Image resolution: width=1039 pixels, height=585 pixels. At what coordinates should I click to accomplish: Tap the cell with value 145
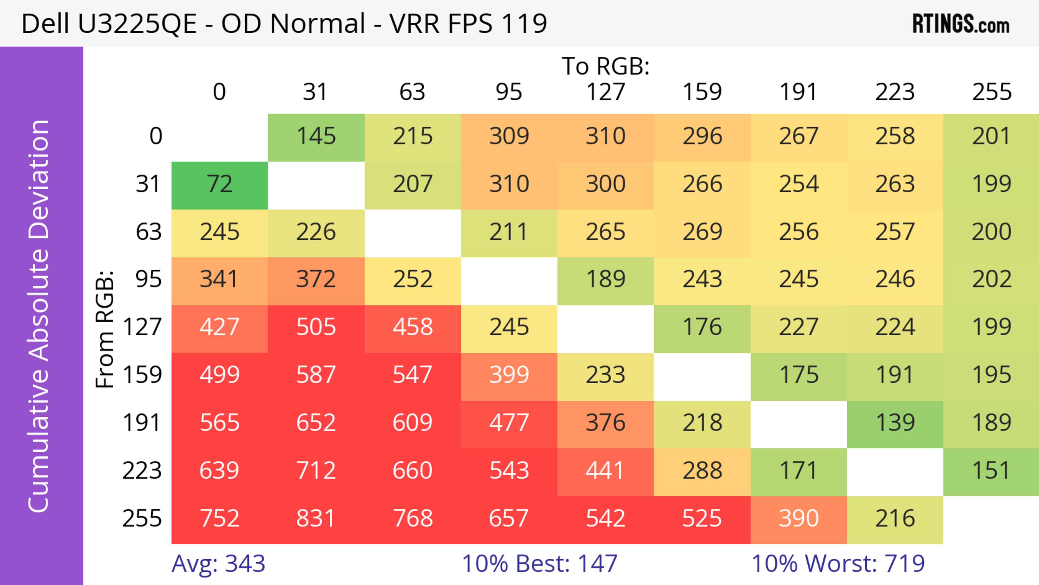tap(316, 137)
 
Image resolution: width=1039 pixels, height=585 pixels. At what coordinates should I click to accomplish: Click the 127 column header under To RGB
tap(606, 92)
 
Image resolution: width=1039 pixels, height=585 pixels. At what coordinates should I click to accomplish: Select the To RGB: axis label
tap(606, 67)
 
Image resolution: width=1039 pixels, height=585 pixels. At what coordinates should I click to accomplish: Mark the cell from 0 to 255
tap(991, 137)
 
